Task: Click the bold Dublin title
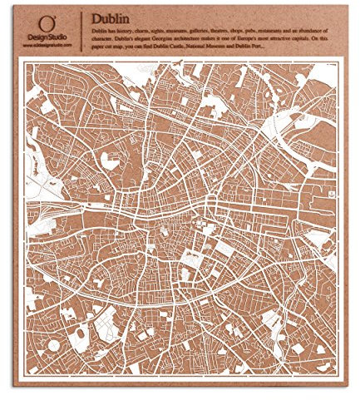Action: pos(111,17)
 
